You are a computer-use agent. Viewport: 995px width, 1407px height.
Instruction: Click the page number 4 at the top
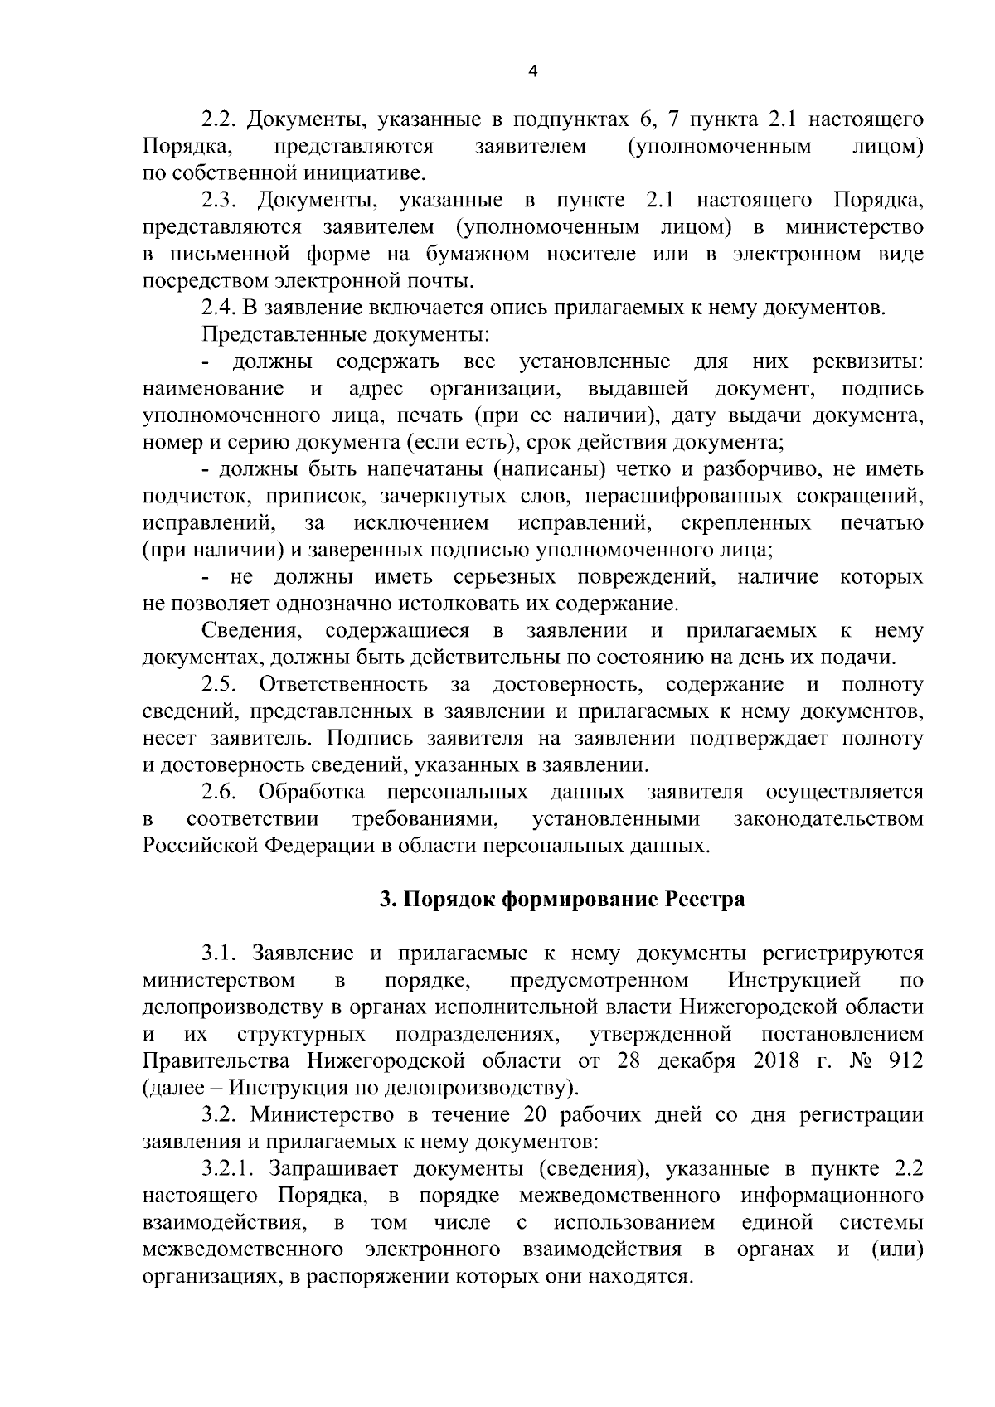[532, 72]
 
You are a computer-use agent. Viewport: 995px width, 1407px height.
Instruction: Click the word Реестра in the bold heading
[706, 900]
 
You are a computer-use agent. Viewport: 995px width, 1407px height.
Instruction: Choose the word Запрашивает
[336, 1169]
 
